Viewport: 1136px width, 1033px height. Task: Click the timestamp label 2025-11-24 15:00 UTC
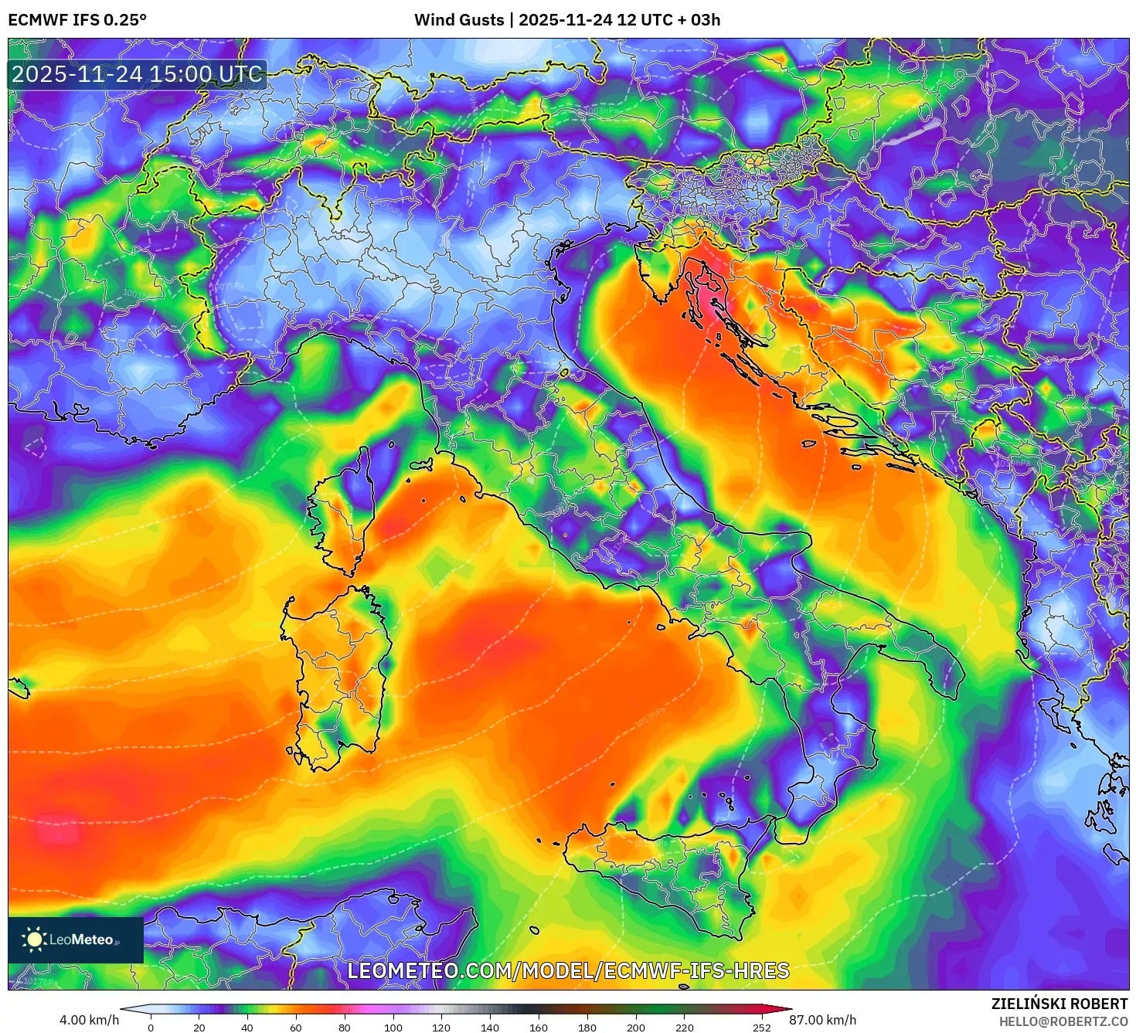point(137,74)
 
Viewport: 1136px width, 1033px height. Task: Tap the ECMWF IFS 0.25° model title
point(77,20)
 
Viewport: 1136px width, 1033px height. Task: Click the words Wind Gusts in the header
point(458,20)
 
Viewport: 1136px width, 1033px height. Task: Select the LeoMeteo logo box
point(76,940)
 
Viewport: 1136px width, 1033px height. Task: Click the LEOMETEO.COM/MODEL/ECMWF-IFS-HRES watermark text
point(568,970)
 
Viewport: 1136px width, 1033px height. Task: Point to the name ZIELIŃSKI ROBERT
point(1059,1004)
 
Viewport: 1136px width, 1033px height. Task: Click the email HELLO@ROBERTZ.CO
point(1063,1021)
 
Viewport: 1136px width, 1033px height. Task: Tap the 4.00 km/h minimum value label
point(90,1020)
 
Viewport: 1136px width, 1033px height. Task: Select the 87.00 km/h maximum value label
point(822,1020)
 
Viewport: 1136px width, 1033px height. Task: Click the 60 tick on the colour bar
point(296,1027)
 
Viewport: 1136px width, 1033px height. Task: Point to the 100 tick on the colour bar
point(393,1027)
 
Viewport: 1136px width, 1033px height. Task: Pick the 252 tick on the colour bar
point(762,1027)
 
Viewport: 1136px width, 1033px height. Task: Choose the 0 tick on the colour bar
point(151,1027)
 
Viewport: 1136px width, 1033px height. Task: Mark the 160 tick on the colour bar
point(538,1027)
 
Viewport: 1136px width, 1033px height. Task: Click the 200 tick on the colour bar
point(635,1027)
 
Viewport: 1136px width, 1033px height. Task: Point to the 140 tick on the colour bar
point(489,1027)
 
